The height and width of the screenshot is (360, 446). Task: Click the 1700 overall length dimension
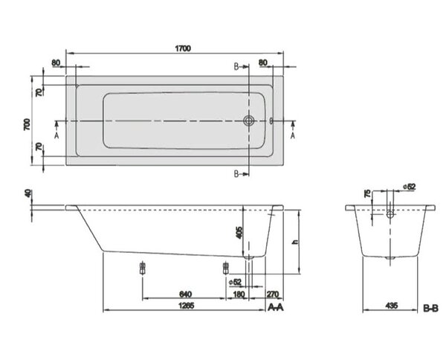(183, 48)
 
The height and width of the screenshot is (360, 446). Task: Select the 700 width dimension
(27, 124)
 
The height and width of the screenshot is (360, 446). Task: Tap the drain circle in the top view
(249, 120)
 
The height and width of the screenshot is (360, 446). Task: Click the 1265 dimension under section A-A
(186, 306)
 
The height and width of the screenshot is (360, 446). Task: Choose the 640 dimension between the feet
(185, 294)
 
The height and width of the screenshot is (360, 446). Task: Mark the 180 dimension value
(239, 294)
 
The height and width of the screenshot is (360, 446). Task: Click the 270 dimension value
(273, 294)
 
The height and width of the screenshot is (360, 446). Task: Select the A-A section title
(276, 307)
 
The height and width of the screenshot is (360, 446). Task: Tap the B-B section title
(430, 308)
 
